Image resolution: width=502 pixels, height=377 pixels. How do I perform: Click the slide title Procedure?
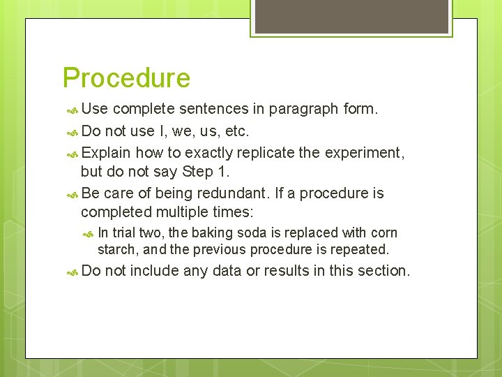pos(126,78)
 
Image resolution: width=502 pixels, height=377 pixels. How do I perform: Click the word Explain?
pos(106,152)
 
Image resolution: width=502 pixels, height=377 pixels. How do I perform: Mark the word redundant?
pos(240,193)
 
